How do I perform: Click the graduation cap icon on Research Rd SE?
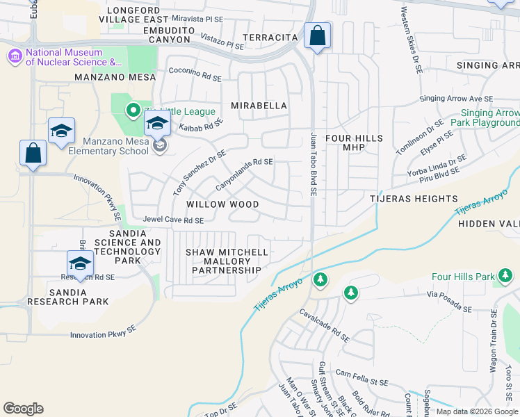80,264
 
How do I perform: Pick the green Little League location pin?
132,111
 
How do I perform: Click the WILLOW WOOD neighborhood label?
222,205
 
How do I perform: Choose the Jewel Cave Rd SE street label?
173,220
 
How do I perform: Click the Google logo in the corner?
23,408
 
